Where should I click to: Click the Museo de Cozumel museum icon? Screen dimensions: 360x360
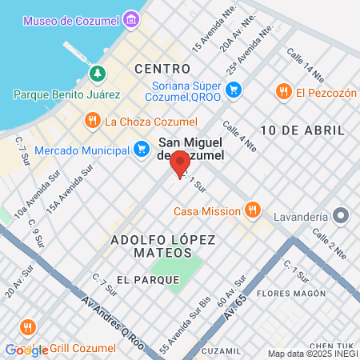point(130,19)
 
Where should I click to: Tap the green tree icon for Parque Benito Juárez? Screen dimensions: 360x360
point(98,74)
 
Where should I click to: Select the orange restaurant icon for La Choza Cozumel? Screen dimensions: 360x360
point(93,122)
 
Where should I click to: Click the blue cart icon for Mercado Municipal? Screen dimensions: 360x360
point(142,149)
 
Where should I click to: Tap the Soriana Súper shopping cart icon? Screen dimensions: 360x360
point(234,89)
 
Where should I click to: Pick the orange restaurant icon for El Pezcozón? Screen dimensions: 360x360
point(282,92)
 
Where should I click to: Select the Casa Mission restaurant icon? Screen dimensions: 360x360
point(253,210)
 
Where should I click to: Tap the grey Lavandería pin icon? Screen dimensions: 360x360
point(342,216)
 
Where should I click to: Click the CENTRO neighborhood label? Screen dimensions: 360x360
point(162,69)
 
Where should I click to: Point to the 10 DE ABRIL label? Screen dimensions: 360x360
point(302,130)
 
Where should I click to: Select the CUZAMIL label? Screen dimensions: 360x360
point(222,350)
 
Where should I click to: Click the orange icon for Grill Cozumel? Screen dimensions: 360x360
point(29,328)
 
